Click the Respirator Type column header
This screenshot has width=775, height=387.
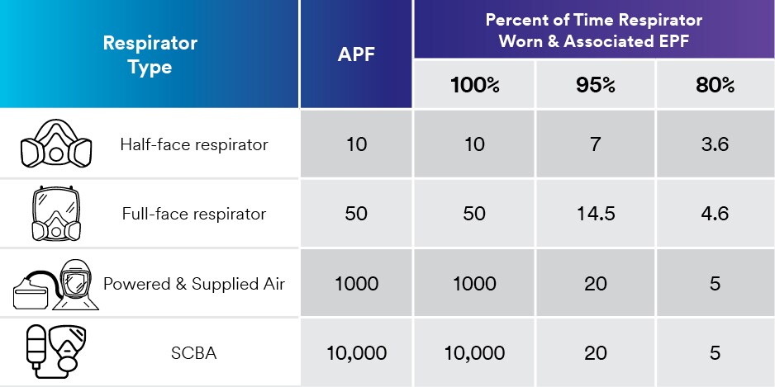coord(150,54)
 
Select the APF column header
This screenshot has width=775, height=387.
coord(356,54)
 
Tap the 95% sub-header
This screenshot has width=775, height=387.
coord(596,85)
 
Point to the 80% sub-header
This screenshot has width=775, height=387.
coord(715,85)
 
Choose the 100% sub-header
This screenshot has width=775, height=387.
coord(474,85)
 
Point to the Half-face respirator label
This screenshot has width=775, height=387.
coord(194,144)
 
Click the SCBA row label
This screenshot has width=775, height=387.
coord(194,353)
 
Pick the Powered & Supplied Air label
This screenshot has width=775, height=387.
coord(194,284)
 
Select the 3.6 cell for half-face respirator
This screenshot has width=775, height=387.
coord(715,144)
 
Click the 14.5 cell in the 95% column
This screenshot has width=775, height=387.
coord(596,214)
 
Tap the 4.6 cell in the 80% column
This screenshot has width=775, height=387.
coord(715,214)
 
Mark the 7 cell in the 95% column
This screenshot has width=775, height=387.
coord(596,144)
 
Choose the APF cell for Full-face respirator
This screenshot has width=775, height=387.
coord(356,214)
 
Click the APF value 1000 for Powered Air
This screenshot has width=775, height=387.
coord(356,284)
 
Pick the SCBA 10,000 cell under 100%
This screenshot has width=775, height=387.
coord(474,353)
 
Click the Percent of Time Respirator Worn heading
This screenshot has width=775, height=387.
coord(593,30)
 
